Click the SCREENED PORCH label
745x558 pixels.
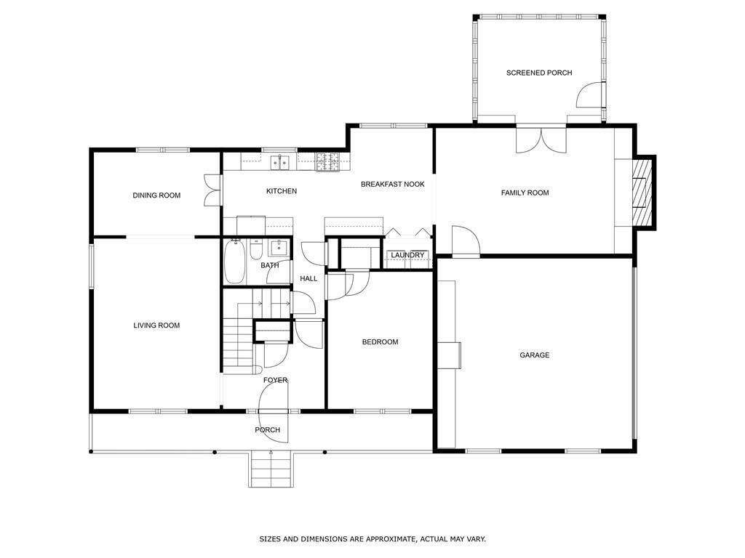[539, 73]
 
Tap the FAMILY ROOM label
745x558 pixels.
[525, 193]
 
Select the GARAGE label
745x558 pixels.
[534, 355]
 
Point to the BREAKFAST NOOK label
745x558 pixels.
[392, 185]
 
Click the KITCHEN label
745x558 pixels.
[281, 191]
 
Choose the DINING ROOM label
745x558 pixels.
[156, 195]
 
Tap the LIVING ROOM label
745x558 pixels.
[156, 325]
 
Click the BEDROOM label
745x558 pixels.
[380, 342]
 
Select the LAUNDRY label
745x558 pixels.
[407, 255]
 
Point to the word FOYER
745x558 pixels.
[275, 380]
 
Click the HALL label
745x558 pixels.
[308, 278]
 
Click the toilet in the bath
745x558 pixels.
[256, 250]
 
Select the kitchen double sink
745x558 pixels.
[279, 163]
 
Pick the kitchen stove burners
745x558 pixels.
[328, 163]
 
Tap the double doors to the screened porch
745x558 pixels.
[541, 139]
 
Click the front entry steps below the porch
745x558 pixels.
[271, 469]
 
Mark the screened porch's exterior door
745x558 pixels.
[590, 97]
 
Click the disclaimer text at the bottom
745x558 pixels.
[372, 539]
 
